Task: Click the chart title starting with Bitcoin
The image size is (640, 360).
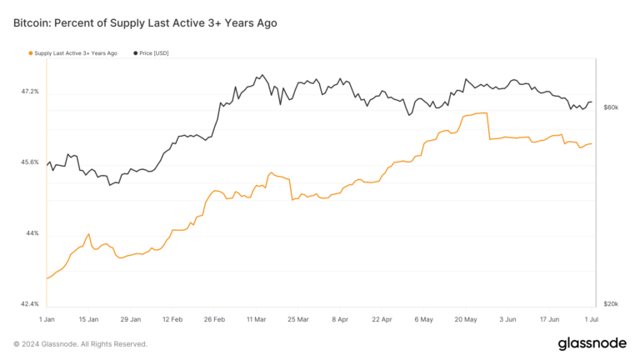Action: (x=145, y=23)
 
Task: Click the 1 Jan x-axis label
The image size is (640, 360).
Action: (x=47, y=318)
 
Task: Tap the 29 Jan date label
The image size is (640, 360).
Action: (x=131, y=318)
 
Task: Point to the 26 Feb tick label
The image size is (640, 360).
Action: (x=215, y=318)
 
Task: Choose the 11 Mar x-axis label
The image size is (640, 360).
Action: (x=257, y=318)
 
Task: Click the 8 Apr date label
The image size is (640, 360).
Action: (x=339, y=318)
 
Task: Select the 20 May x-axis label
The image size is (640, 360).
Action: (x=465, y=318)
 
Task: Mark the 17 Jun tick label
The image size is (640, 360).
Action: (x=548, y=318)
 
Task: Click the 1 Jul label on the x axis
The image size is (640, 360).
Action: (x=591, y=318)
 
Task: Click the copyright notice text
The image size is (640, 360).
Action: (x=80, y=343)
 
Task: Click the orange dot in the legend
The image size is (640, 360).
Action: (x=31, y=53)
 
